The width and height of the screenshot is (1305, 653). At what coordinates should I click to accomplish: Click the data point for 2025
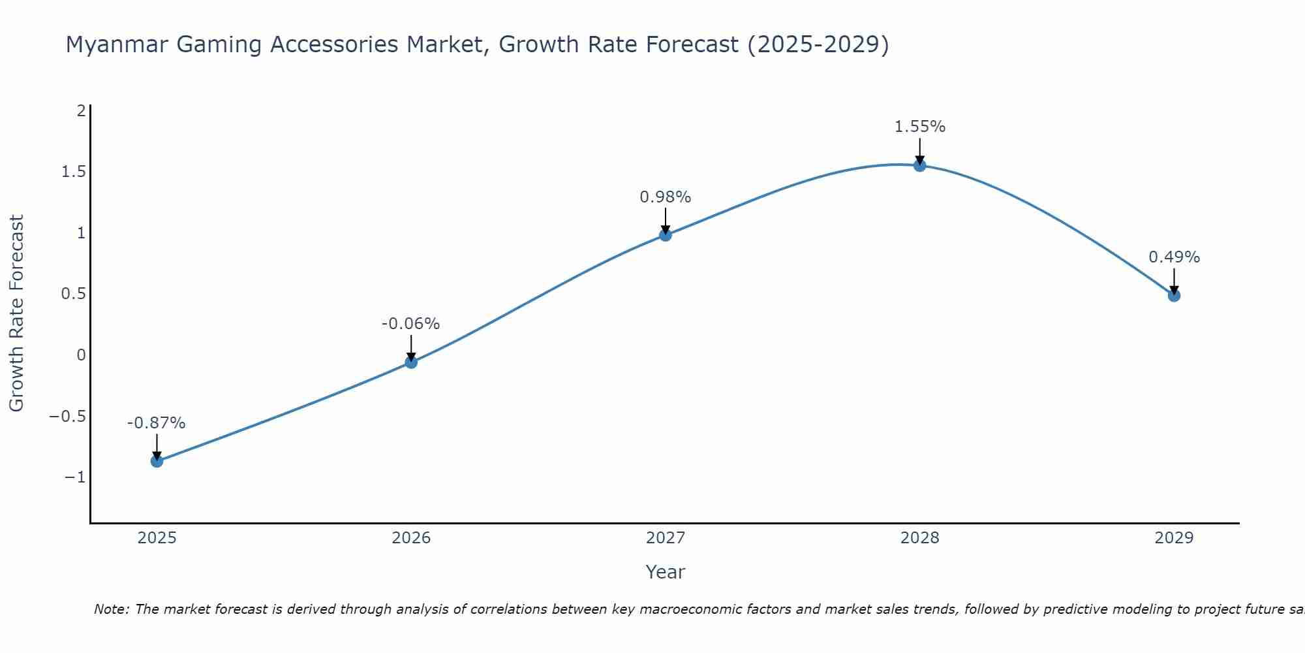pos(157,461)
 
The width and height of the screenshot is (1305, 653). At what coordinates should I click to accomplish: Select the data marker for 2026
pos(411,362)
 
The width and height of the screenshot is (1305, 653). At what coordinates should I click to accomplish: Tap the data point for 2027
pos(666,234)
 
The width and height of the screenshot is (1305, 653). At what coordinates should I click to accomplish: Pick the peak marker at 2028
pos(919,165)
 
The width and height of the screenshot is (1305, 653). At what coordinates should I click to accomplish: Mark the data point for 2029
pos(1174,295)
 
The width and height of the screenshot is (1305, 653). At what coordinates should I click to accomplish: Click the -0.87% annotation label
pos(156,423)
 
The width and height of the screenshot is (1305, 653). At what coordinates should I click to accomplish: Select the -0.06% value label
pos(410,324)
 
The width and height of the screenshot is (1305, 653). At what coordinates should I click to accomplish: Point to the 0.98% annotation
pos(665,197)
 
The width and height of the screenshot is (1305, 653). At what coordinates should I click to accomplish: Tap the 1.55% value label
pos(919,127)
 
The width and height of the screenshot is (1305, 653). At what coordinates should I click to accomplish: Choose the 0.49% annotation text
pos(1174,257)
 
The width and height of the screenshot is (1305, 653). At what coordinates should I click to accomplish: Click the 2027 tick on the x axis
pos(666,538)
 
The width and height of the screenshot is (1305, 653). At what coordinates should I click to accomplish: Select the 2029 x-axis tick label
pos(1174,538)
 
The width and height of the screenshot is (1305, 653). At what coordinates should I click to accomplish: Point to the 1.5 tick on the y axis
pos(74,172)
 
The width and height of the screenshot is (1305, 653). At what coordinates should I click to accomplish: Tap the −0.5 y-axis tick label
pos(68,417)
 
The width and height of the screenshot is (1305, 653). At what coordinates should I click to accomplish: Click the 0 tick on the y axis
pos(81,355)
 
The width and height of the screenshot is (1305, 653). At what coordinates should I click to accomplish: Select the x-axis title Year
pos(665,572)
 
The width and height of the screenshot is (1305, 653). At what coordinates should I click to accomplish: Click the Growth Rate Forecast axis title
pos(16,313)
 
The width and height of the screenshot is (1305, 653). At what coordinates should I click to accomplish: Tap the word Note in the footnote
pos(111,609)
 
